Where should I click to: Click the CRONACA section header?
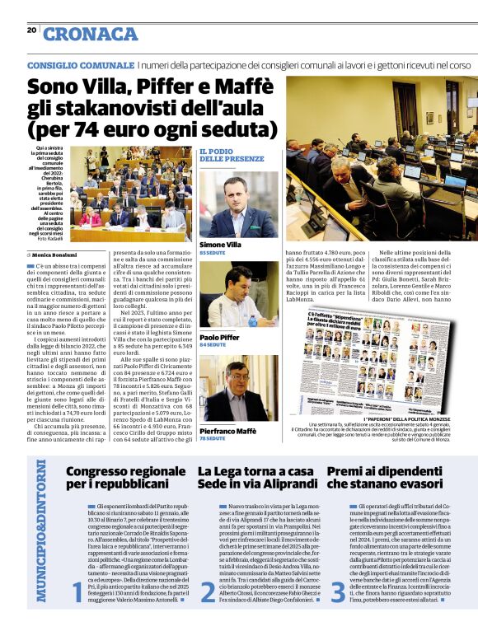(x=90, y=34)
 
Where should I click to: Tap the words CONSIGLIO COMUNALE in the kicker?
(x=80, y=64)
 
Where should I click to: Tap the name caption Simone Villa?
(x=220, y=245)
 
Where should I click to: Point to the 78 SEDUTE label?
(x=213, y=438)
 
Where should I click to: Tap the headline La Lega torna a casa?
(x=255, y=471)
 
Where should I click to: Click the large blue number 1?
(x=77, y=591)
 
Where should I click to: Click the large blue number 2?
(x=207, y=591)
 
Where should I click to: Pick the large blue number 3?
(x=337, y=591)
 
